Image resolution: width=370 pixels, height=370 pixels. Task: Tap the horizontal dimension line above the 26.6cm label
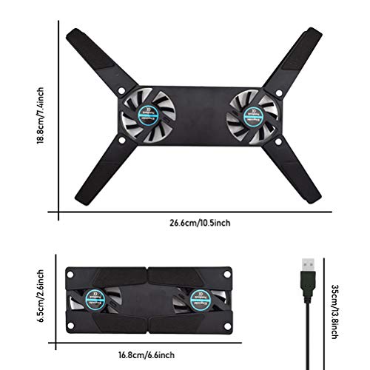(x=200, y=213)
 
